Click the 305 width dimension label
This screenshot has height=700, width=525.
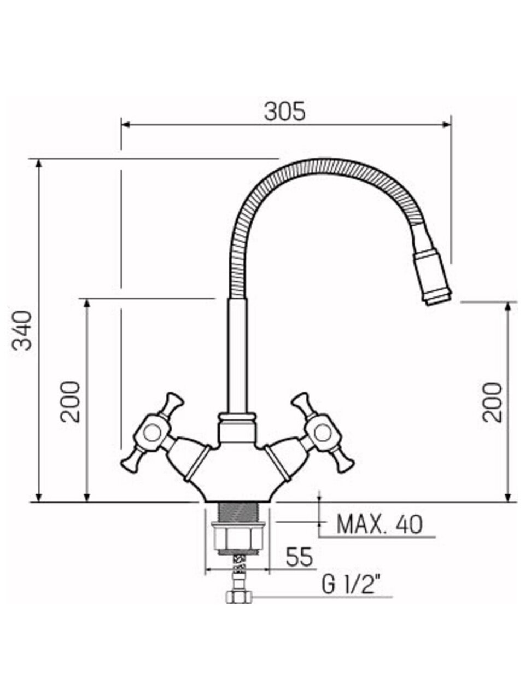click(x=285, y=112)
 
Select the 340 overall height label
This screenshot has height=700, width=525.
click(x=22, y=330)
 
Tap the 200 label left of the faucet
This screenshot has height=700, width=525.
click(x=70, y=401)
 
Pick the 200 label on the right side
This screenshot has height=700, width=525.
click(x=492, y=402)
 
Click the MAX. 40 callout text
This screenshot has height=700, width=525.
click(x=380, y=524)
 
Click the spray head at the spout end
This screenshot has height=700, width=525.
click(x=433, y=277)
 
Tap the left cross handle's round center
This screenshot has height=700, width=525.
click(x=151, y=433)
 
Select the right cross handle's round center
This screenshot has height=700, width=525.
click(x=323, y=433)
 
